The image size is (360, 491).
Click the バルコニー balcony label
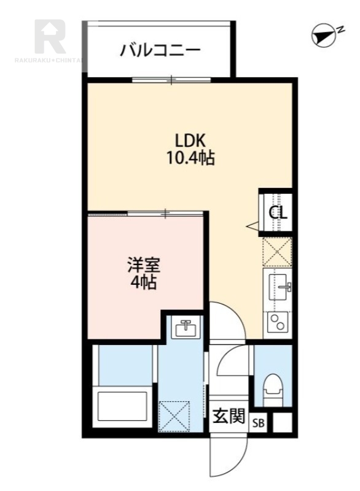click(x=160, y=49)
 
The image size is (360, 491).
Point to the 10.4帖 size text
click(x=190, y=158)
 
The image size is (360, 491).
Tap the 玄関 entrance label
click(x=229, y=417)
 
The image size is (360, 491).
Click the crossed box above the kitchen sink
click(x=278, y=252)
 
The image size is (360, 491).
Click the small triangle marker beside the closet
click(x=252, y=227)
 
